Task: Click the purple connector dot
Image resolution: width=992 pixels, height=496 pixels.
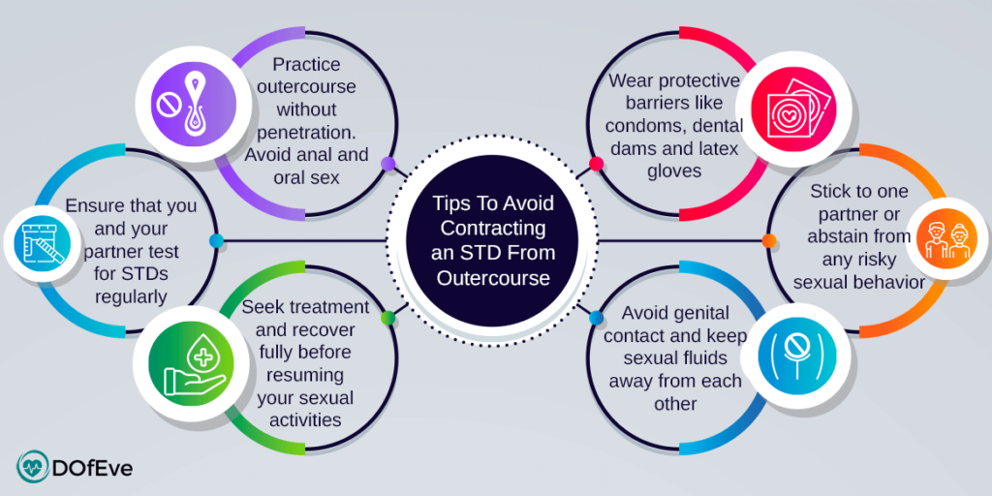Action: [x=387, y=164]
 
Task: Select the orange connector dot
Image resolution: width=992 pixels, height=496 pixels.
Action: [x=769, y=240]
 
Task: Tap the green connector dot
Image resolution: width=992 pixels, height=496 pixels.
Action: [x=387, y=318]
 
